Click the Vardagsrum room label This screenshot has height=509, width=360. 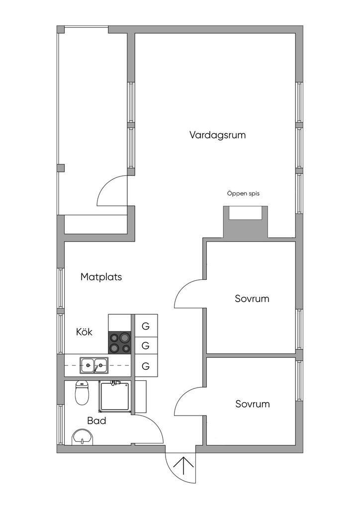tap(217, 135)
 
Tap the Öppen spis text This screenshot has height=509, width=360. tap(243, 194)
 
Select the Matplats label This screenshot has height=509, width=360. tap(101, 277)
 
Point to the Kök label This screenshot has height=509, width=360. tap(84, 332)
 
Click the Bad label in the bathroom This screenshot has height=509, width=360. tap(97, 421)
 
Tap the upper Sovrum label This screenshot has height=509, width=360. tap(252, 299)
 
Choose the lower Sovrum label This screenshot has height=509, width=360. tap(253, 404)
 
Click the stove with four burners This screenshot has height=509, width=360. tap(119, 342)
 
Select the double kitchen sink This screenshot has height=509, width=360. tap(94, 365)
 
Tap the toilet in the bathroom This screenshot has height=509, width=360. tap(82, 393)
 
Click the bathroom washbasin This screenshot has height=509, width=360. tap(83, 437)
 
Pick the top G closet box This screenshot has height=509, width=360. tap(146, 326)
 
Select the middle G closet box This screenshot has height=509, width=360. tap(146, 346)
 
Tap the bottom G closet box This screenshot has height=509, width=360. tap(146, 366)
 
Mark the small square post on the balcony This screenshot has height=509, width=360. tap(61, 168)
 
